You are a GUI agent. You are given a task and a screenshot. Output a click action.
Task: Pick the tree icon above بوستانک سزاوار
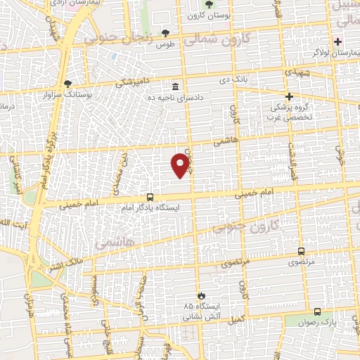click(x=67, y=83)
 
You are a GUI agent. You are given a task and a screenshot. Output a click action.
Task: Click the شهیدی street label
click(x=295, y=72)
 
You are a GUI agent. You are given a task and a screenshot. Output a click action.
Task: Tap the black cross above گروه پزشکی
click(x=288, y=96)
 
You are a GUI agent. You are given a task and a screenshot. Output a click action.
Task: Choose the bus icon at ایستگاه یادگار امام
click(x=150, y=198)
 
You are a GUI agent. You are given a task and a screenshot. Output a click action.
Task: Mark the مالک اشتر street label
click(x=65, y=266)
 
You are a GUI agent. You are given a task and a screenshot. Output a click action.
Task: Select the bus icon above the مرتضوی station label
click(x=302, y=251)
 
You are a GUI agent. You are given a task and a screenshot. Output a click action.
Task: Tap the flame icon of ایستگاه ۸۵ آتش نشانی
click(x=202, y=295)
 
